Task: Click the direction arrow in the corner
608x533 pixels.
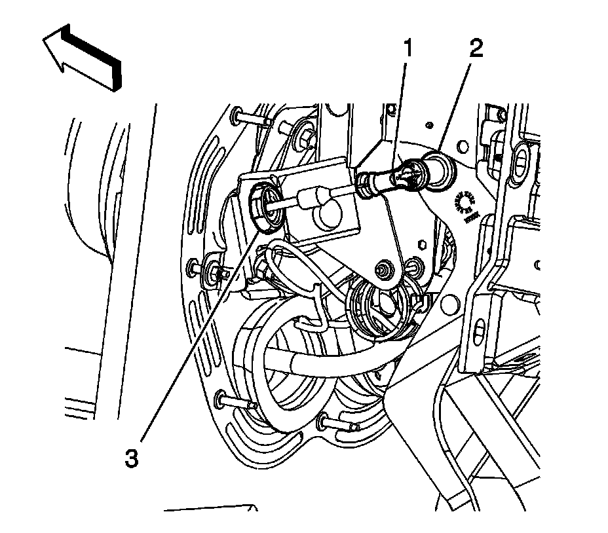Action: coord(83,57)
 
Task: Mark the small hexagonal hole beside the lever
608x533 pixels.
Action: coord(423,244)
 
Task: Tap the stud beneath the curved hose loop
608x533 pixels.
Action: coord(334,424)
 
